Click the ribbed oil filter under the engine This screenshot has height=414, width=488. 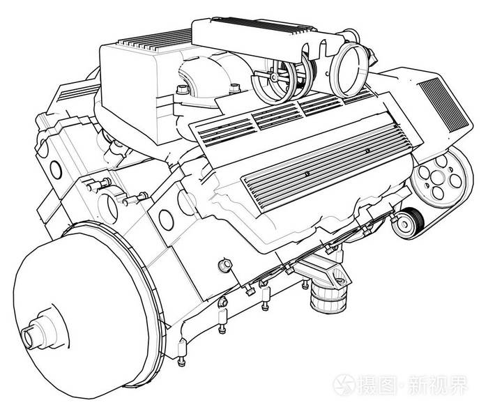coord(328,298)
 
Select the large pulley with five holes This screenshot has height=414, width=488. coord(439,176)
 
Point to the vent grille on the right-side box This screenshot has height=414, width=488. coord(443,104)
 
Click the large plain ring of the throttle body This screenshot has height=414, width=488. coord(349,70)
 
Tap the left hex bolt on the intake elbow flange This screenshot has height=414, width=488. coord(183,90)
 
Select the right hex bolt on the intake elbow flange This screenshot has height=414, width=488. coord(235,88)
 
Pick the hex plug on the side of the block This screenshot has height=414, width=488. coord(224,266)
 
